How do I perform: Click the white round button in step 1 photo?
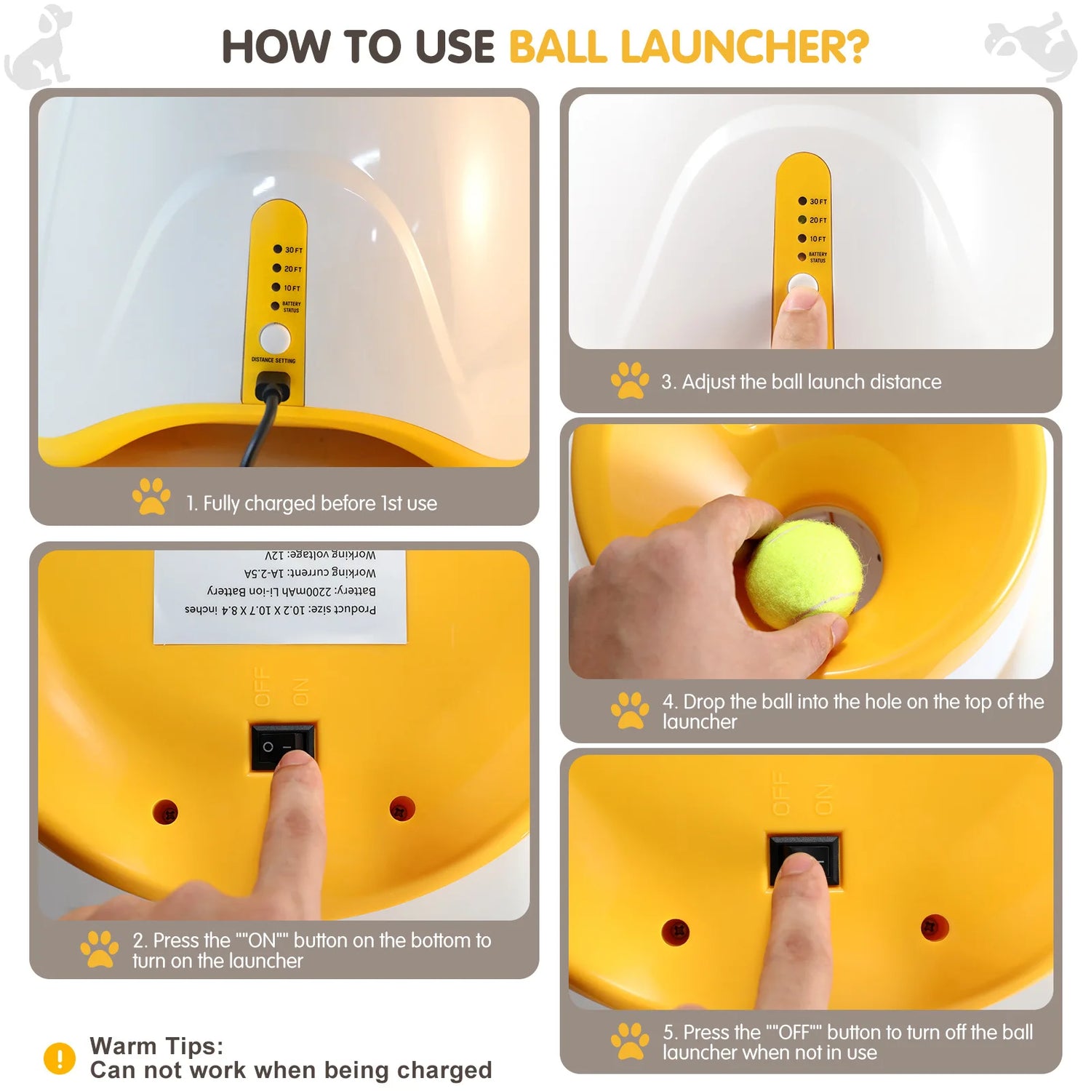coord(275,338)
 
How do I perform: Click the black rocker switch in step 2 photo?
coord(283,746)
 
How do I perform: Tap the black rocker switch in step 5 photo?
coord(804,859)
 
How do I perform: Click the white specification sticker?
coord(280,596)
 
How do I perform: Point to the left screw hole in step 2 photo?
coord(165,812)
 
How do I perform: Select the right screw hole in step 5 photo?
coord(934,927)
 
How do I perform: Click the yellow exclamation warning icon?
coord(60,1058)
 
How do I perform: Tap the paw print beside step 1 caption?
coord(151,497)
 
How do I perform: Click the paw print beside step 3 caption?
coord(629,380)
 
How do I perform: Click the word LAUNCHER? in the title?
coord(745,47)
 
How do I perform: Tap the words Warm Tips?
coord(156,1046)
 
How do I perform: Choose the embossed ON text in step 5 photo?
coord(823,799)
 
